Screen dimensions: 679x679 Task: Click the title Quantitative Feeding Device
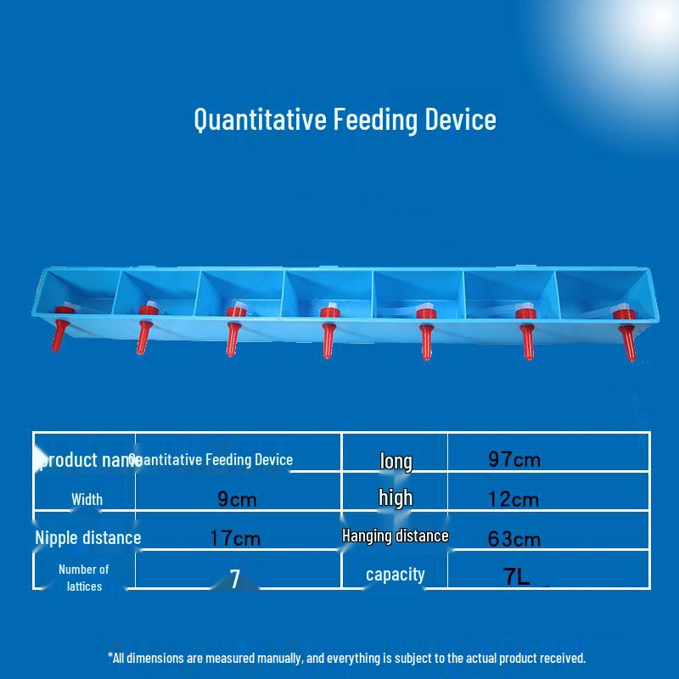pos(345,119)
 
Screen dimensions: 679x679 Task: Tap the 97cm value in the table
pos(514,460)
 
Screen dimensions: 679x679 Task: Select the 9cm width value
pos(237,499)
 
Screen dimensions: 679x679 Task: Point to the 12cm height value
pos(513,499)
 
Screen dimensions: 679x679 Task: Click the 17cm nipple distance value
pos(235,538)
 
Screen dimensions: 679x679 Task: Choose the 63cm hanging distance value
pos(514,538)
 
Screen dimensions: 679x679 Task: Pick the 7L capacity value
pos(516,577)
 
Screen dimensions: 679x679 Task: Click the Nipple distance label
pos(87,537)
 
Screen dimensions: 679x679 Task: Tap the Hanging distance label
pos(395,536)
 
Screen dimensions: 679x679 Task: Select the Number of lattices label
pos(83,577)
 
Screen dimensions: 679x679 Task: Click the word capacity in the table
pos(395,575)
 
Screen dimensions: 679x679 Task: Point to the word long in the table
pos(396,461)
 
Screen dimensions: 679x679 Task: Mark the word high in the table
pos(396,498)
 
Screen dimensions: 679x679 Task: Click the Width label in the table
pos(87,499)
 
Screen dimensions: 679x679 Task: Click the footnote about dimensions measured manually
pos(346,658)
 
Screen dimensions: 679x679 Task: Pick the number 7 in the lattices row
pos(235,579)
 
